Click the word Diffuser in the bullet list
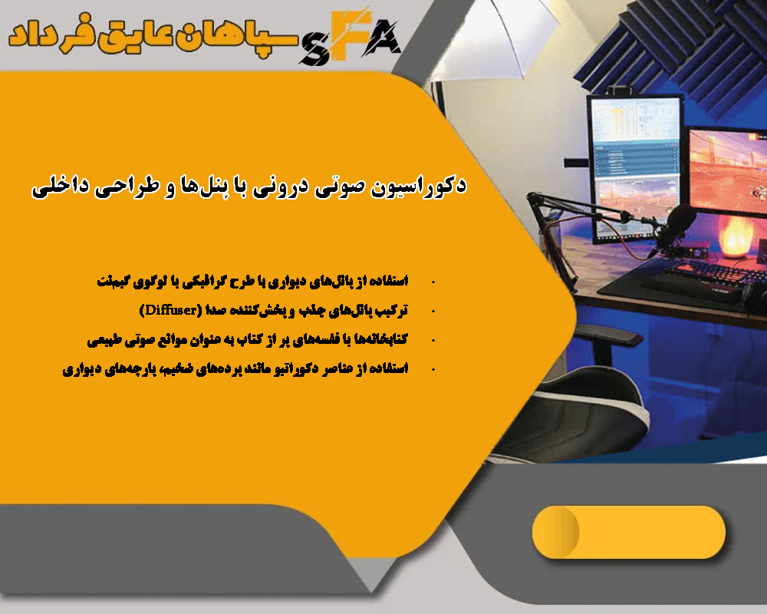(172, 309)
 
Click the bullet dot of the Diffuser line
(435, 311)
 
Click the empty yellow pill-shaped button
(628, 532)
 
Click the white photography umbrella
(491, 38)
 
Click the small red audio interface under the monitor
(678, 253)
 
